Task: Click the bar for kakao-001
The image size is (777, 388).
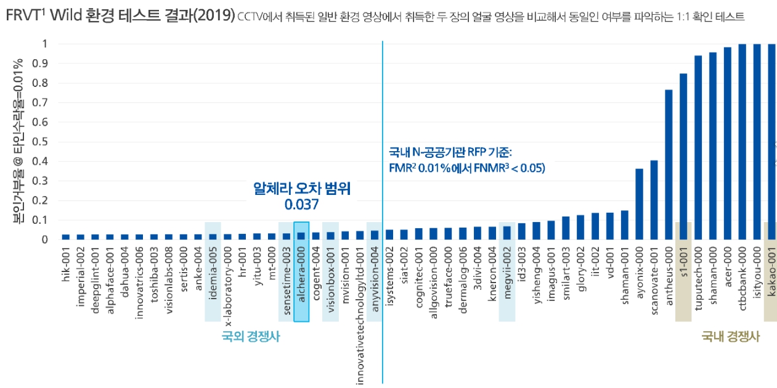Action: (x=771, y=141)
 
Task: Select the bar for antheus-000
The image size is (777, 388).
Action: (x=668, y=164)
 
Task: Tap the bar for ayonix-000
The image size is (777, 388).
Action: (x=639, y=204)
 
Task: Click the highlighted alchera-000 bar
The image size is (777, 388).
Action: (x=301, y=236)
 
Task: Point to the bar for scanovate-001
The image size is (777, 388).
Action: (x=654, y=200)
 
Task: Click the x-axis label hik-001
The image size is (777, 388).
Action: (x=66, y=263)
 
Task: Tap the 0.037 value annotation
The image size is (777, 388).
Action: (x=301, y=204)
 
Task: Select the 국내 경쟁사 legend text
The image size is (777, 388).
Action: (x=730, y=337)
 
